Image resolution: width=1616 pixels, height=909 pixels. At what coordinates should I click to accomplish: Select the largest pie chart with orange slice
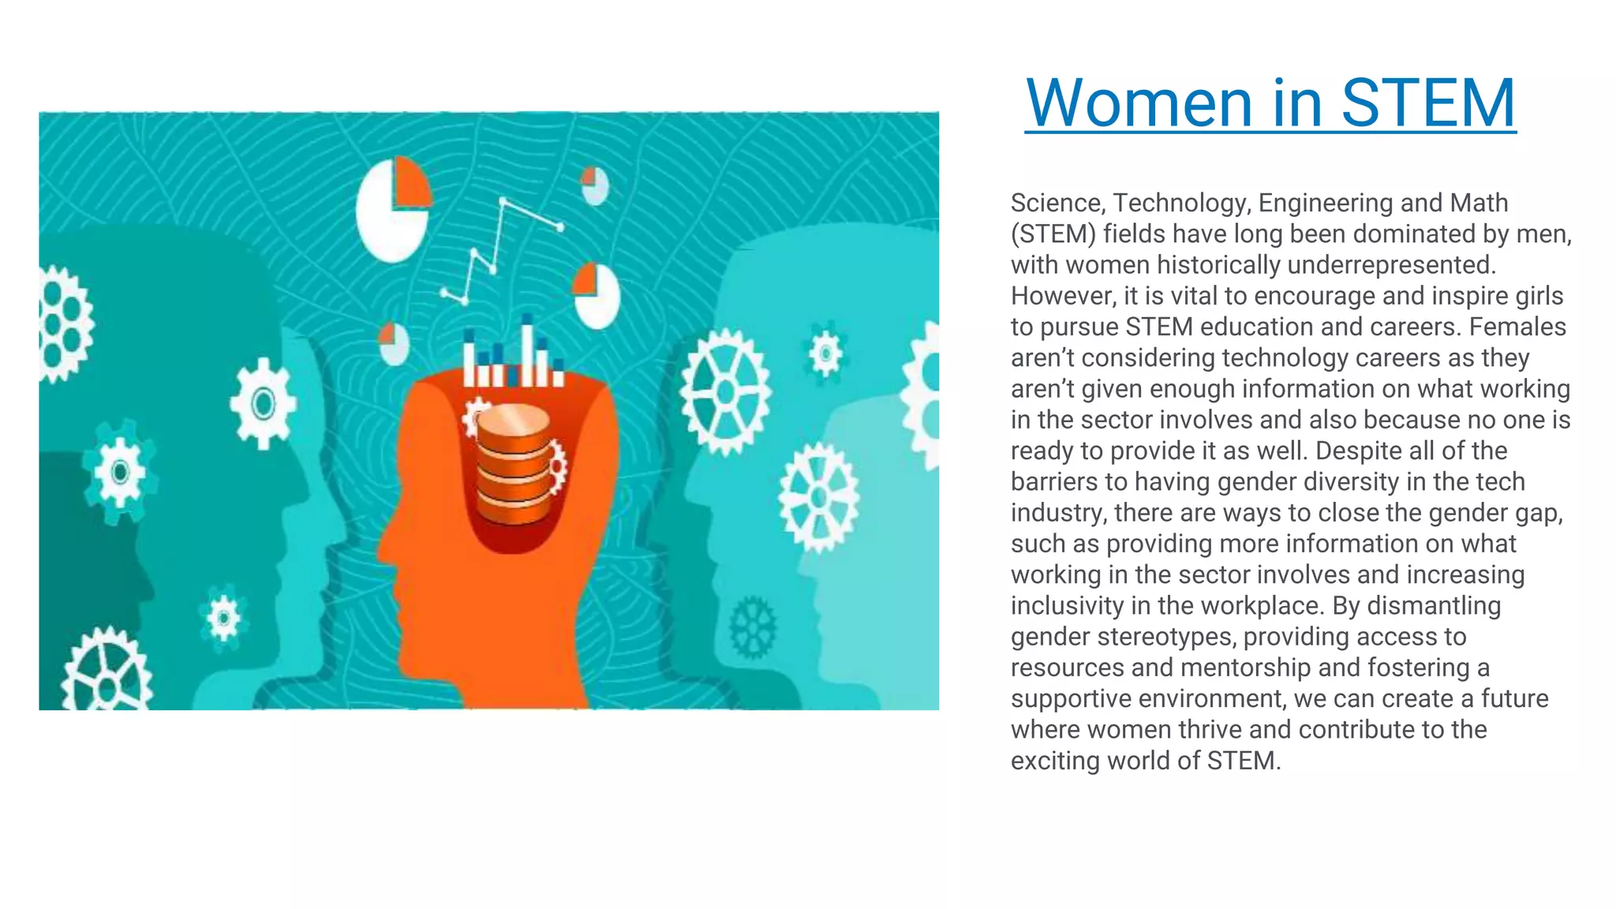coord(393,208)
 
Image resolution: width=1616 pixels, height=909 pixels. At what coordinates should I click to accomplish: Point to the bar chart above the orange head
coord(514,356)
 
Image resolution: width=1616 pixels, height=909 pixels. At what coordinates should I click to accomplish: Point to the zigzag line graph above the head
coord(499,249)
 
